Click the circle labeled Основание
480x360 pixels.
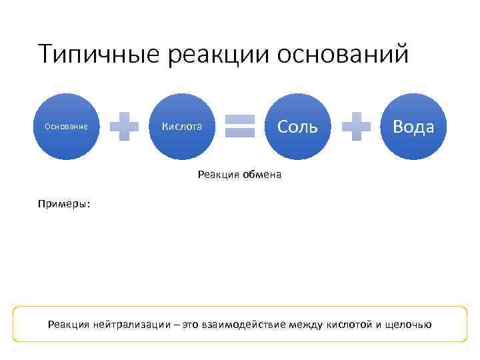tap(67, 127)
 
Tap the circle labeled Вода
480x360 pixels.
tap(413, 127)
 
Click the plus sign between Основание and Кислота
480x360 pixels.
tap(124, 127)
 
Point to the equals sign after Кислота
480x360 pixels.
tap(240, 127)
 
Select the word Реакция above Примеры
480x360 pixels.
tap(217, 175)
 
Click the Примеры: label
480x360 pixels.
tap(65, 205)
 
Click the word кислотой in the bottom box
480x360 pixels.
tap(347, 325)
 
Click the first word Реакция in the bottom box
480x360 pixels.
tap(69, 325)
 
